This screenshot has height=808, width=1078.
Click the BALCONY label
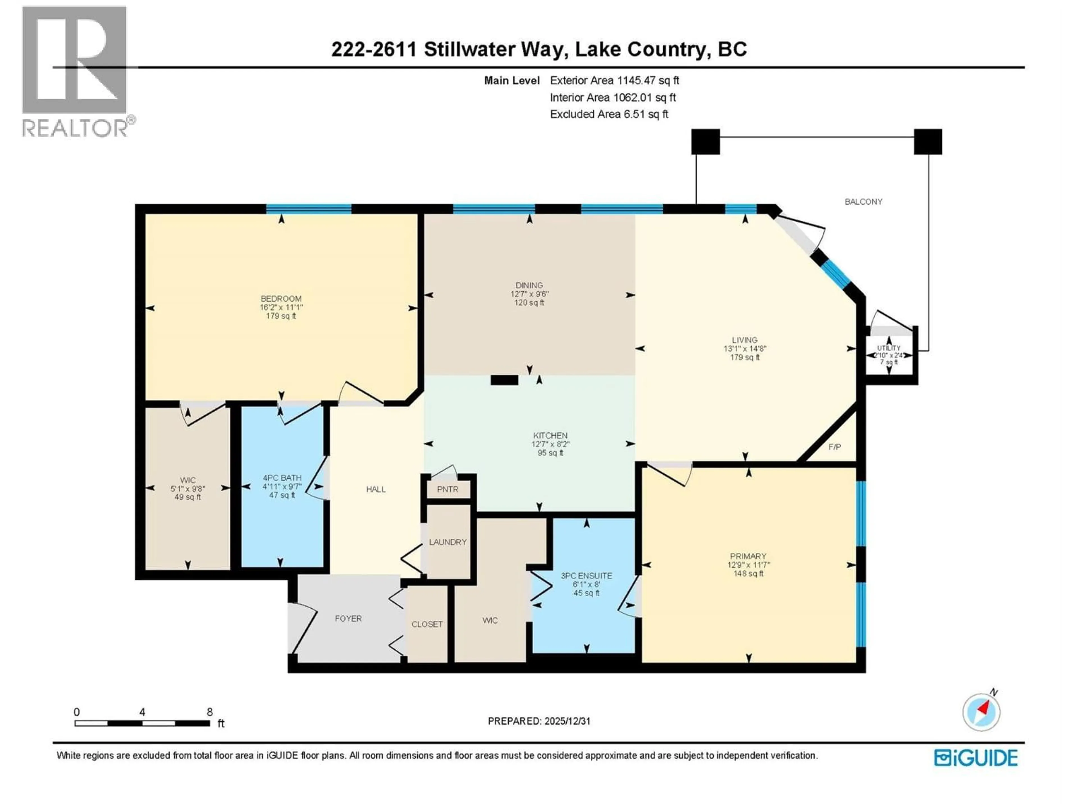click(x=863, y=202)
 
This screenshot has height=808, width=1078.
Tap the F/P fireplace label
click(x=835, y=447)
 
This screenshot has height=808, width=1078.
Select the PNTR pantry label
click(x=447, y=489)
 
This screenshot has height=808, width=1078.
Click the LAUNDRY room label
click(x=447, y=541)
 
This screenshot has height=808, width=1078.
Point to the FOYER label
click(x=348, y=619)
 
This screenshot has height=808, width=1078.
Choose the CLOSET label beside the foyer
click(x=427, y=624)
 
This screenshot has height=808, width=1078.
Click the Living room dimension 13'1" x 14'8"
click(x=745, y=349)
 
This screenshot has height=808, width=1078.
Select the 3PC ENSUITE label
click(x=586, y=576)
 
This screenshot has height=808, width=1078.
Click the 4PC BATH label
click(x=282, y=478)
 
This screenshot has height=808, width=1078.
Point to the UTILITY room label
click(x=889, y=348)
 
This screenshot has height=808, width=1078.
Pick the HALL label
click(x=376, y=489)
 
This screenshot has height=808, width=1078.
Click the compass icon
click(x=981, y=712)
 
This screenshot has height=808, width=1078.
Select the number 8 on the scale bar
click(x=209, y=712)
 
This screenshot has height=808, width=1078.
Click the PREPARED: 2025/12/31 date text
click(x=539, y=721)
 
